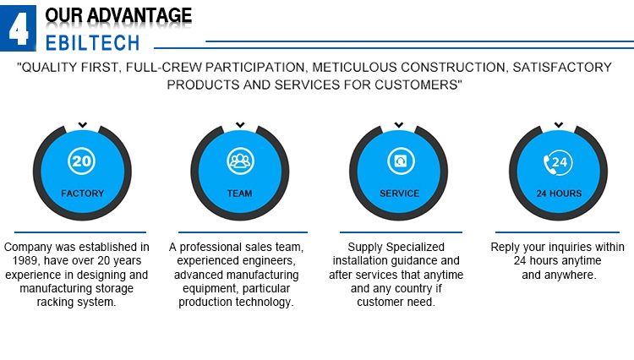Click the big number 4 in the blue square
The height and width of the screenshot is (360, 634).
19,28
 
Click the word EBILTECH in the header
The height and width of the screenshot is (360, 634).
93,43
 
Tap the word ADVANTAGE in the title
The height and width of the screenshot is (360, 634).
139,15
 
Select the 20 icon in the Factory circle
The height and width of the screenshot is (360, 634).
82,161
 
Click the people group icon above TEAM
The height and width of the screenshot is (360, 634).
240,161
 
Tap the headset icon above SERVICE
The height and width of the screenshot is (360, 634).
401,161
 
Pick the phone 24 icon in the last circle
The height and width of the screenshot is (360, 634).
558,162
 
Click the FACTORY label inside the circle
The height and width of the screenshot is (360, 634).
83,194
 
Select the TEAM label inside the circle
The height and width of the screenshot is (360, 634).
239,194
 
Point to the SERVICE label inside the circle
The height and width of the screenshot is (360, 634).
400,194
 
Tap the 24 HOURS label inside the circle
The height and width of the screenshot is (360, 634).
560,194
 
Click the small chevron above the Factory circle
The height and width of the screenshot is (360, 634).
83,125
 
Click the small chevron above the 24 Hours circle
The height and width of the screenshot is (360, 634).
559,125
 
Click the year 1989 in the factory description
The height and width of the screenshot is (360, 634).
25,260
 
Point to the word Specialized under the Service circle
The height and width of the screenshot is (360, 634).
415,248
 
